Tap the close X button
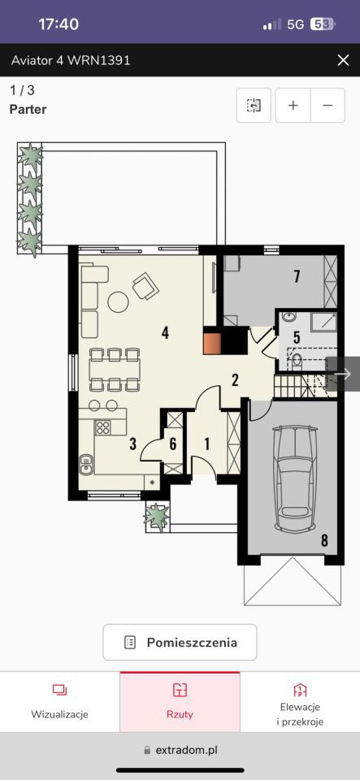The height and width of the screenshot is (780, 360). [x=343, y=61]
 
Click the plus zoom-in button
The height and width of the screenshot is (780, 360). [x=293, y=106]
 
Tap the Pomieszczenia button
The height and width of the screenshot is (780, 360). [x=180, y=642]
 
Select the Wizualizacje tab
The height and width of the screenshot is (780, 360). [x=59, y=702]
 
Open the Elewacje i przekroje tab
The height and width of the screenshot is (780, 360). [x=300, y=705]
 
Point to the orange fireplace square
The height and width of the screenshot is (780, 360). [x=212, y=343]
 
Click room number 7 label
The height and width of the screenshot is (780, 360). [x=297, y=275]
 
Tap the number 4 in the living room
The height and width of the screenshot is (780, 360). [x=165, y=332]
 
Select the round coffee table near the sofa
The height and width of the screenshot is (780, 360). [x=119, y=302]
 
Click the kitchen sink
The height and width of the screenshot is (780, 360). [x=86, y=463]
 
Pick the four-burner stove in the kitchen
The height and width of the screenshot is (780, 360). [x=103, y=428]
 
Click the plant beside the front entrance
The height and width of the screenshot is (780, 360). [x=157, y=517]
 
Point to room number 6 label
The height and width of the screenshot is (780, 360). [x=172, y=444]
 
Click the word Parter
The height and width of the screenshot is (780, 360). [x=28, y=110]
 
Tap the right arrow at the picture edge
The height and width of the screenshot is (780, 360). [x=343, y=374]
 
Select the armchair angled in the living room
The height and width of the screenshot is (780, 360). [x=145, y=286]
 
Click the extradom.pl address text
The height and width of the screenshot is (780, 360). [x=186, y=750]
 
